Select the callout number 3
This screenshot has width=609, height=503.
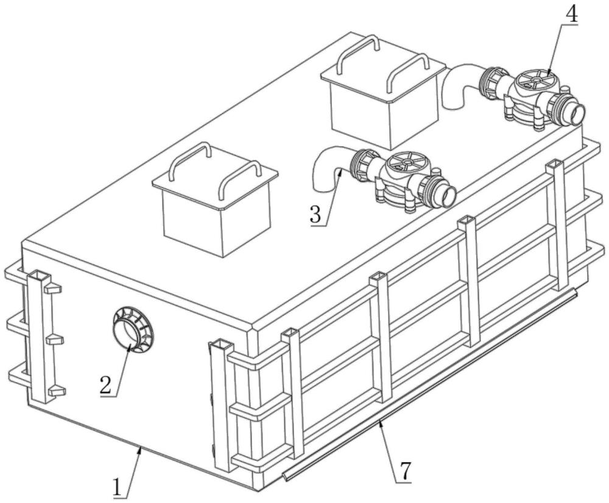(x=316, y=215)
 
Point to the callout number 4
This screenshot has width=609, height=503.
(x=571, y=15)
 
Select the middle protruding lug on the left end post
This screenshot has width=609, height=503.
(x=55, y=340)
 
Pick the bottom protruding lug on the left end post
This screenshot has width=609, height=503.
(x=56, y=390)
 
